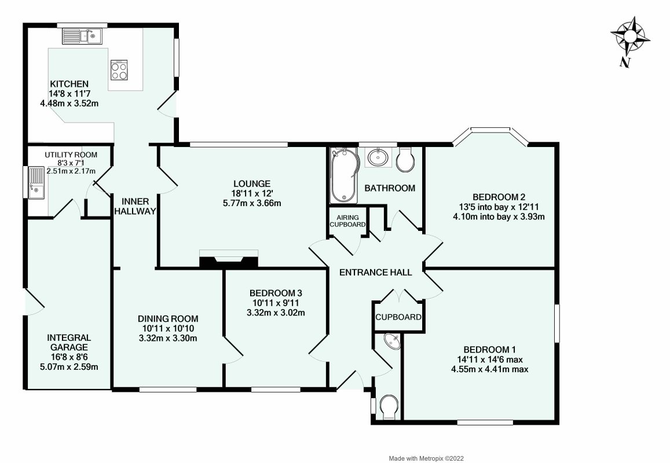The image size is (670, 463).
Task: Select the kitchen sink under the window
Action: [82, 36]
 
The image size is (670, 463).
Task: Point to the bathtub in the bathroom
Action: [345, 175]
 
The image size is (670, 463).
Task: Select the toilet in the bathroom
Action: [407, 159]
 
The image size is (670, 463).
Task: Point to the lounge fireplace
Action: [228, 260]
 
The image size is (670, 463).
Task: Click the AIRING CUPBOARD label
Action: [347, 221]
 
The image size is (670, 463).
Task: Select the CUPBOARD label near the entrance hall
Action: [398, 317]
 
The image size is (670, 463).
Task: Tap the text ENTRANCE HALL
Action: [375, 272]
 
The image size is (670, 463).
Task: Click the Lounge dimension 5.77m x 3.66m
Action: [240, 203]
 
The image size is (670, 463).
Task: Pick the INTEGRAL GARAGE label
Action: [69, 342]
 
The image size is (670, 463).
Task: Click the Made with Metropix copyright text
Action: [426, 458]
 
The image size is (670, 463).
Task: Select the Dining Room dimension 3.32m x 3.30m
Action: [169, 338]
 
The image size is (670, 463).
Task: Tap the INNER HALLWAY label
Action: [135, 206]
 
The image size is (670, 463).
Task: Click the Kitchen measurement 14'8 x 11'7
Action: [69, 93]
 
